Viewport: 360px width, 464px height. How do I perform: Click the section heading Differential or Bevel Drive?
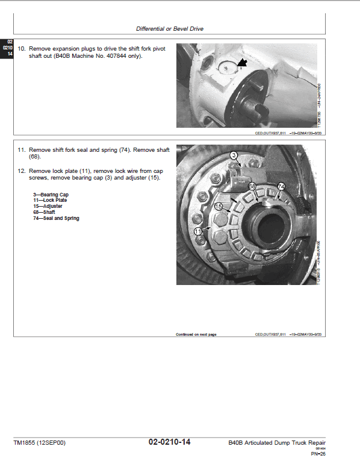169,28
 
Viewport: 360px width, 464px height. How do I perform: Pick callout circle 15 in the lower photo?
219,206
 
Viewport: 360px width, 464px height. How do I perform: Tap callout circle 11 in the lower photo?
198,231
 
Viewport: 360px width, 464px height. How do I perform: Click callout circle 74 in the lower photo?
281,186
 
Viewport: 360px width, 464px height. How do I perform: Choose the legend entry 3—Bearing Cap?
51,195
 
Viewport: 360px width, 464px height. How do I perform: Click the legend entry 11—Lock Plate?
51,201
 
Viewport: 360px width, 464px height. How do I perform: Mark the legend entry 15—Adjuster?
48,206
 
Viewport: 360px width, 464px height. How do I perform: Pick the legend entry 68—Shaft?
46,212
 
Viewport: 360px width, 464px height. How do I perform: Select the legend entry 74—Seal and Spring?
56,218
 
